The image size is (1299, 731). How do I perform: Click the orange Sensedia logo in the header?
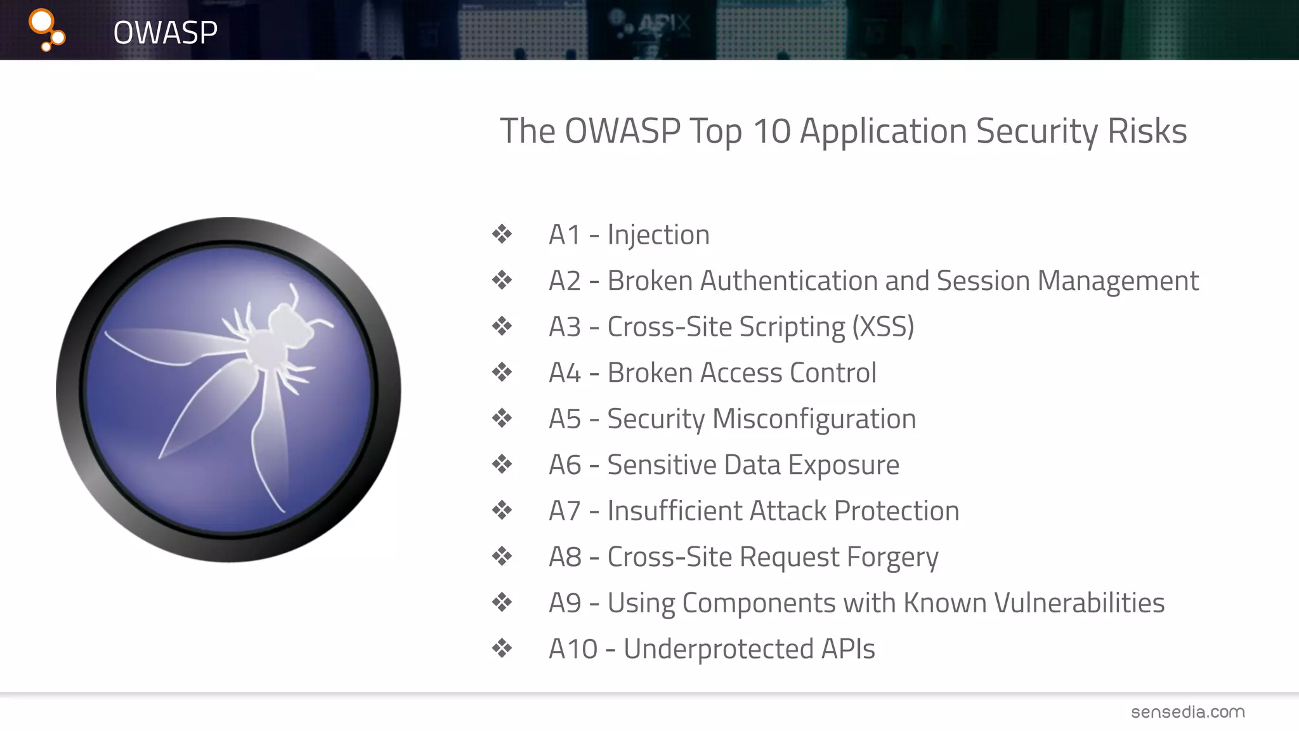point(46,29)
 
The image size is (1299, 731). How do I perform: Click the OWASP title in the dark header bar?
point(165,32)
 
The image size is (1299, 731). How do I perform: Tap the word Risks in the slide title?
point(1147,131)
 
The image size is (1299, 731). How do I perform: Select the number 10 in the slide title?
point(771,131)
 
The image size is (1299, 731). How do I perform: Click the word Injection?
point(658,235)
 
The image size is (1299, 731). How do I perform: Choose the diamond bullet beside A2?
point(502,280)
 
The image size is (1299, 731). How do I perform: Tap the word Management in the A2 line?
point(1118,281)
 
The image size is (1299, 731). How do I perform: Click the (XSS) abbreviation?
point(883,327)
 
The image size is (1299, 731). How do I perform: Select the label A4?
point(565,373)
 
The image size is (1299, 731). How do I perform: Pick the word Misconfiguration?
point(814,419)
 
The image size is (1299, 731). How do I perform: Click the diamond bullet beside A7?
point(502,510)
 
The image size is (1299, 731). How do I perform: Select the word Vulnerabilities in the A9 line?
point(1079,603)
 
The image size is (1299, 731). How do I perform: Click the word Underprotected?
point(718,649)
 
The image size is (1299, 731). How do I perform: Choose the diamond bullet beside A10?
point(502,649)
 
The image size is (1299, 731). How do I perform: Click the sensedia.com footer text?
point(1187,712)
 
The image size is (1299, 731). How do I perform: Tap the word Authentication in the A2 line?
point(788,281)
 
